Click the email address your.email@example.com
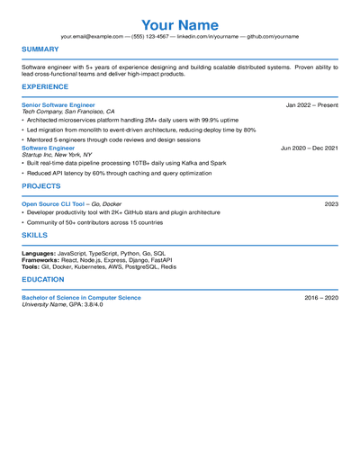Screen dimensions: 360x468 click(x=93, y=36)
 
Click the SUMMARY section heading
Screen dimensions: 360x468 click(x=40, y=49)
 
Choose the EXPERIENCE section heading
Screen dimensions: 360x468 click(x=45, y=87)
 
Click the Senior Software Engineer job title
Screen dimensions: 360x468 click(x=58, y=104)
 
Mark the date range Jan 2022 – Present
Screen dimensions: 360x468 click(x=312, y=104)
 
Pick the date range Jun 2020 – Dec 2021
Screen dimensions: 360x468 click(x=310, y=147)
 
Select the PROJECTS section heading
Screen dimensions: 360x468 click(x=41, y=186)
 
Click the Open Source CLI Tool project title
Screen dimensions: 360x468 click(x=53, y=204)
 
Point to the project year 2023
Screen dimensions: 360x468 click(x=331, y=204)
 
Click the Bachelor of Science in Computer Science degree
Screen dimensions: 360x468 click(x=81, y=297)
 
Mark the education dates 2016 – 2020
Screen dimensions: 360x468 click(x=321, y=297)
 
